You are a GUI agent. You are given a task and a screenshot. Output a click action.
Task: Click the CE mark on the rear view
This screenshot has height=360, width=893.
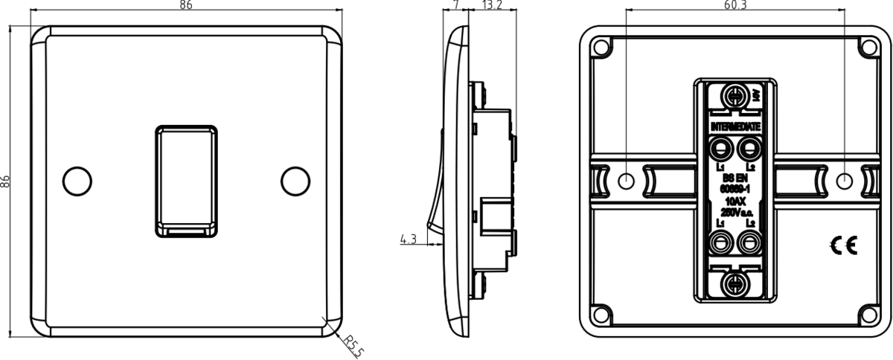846,245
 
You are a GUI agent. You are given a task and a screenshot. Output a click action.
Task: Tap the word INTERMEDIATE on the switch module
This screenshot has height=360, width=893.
735,128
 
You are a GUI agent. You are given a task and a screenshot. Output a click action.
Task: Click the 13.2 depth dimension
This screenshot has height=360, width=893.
493,6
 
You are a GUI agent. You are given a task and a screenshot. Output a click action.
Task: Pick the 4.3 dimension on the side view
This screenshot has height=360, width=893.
408,240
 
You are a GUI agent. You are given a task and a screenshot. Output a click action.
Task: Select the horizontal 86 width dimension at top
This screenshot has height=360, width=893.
186,6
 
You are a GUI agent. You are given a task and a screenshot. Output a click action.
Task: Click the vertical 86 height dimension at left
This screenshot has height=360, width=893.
7,180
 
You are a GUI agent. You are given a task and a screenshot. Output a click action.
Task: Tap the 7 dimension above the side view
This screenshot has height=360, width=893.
455,6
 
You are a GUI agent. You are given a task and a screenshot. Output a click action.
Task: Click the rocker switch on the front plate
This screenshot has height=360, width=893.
186,181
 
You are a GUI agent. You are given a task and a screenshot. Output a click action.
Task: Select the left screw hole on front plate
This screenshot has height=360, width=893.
76,181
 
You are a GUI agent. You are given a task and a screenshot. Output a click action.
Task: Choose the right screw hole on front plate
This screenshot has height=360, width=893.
296,181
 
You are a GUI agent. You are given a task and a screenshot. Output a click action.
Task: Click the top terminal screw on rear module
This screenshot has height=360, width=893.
735,95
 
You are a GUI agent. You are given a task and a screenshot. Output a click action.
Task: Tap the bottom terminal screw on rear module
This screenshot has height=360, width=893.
735,283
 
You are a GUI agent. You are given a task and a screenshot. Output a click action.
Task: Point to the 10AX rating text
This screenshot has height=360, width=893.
735,201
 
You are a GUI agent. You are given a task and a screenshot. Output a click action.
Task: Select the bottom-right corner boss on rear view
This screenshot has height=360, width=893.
867,313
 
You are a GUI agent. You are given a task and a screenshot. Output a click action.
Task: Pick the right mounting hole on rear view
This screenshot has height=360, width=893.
844,181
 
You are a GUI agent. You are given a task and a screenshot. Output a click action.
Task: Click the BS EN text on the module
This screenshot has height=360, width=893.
735,179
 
